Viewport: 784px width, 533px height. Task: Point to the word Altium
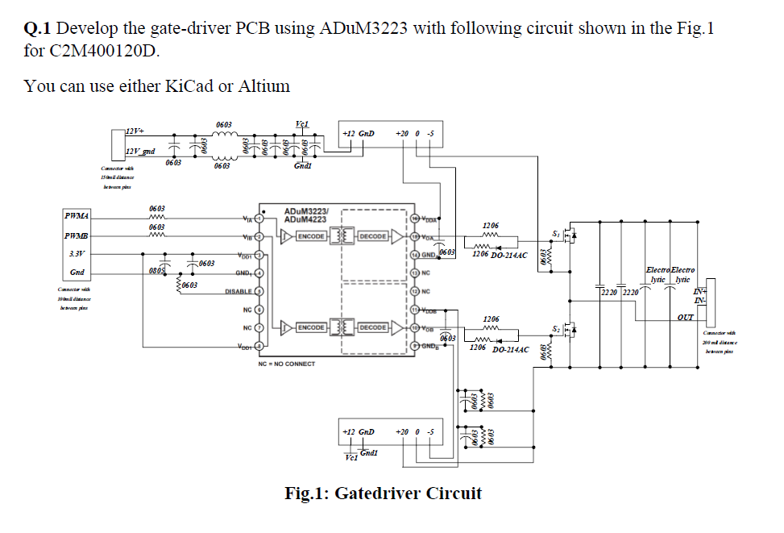pos(264,85)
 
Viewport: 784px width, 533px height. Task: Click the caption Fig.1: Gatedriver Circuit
pos(383,493)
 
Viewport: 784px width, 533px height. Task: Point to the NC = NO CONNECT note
pos(287,364)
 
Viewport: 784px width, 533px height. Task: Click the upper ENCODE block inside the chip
pos(311,236)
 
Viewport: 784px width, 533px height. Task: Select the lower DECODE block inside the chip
pos(372,328)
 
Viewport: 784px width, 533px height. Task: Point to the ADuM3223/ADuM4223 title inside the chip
pos(306,214)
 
